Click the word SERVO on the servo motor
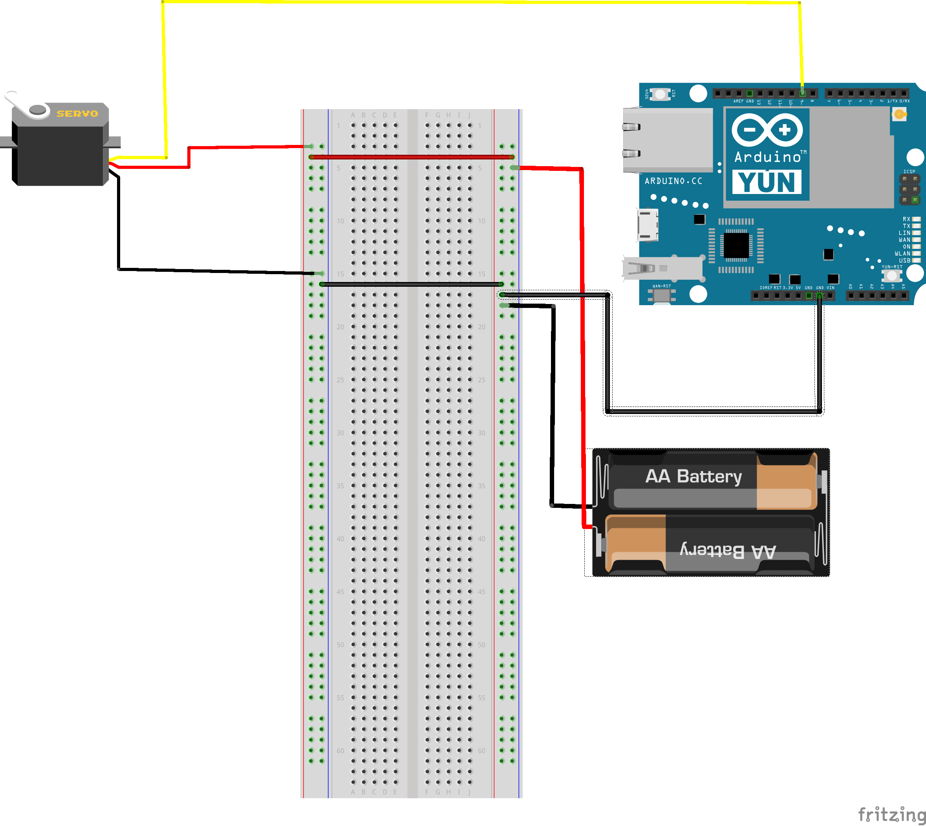coord(77,114)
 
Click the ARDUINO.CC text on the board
coord(673,181)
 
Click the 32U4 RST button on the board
coord(660,94)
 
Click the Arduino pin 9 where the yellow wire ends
coord(802,93)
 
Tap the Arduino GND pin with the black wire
coord(820,296)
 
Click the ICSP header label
coord(909,172)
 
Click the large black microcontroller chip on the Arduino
coord(736,245)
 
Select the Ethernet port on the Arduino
coord(667,140)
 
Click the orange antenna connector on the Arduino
coord(899,114)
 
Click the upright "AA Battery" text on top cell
coord(693,476)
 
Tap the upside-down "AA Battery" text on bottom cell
coord(728,551)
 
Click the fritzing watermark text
coord(891,814)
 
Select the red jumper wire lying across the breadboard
coord(411,157)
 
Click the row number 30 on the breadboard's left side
coord(340,433)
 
